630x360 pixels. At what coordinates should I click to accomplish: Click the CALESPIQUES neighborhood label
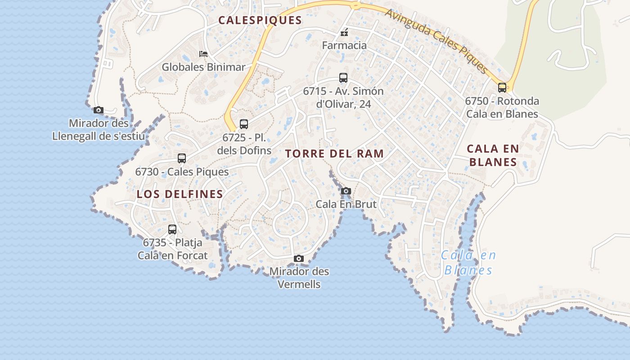(x=260, y=20)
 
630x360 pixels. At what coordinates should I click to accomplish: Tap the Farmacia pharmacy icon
(x=344, y=32)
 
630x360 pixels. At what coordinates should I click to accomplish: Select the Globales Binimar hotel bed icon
(x=203, y=54)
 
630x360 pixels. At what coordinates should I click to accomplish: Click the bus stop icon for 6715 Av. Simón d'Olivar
(x=343, y=78)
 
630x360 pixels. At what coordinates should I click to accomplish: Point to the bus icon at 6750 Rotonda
(x=502, y=88)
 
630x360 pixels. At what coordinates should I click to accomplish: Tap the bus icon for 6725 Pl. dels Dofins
(x=244, y=124)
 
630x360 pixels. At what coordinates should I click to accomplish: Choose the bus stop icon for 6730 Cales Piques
(x=182, y=158)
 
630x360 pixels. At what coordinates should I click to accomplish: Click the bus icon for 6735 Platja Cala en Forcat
(x=172, y=229)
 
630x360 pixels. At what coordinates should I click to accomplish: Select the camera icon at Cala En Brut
(x=346, y=191)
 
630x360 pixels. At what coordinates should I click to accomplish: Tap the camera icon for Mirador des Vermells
(x=299, y=259)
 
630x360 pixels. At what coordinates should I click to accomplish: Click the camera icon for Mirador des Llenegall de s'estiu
(x=99, y=110)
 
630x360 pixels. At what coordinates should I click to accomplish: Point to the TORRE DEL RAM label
(x=334, y=153)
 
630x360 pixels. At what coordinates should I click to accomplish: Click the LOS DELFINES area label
(x=180, y=194)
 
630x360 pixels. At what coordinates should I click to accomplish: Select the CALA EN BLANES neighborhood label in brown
(x=493, y=155)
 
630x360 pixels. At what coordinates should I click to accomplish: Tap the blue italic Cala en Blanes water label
(x=468, y=262)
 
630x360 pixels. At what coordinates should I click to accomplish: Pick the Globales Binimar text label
(x=203, y=67)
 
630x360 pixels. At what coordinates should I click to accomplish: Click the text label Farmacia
(x=344, y=45)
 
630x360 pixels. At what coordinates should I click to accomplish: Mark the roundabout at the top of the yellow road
(x=355, y=6)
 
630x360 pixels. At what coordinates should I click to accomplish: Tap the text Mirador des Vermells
(x=299, y=278)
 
